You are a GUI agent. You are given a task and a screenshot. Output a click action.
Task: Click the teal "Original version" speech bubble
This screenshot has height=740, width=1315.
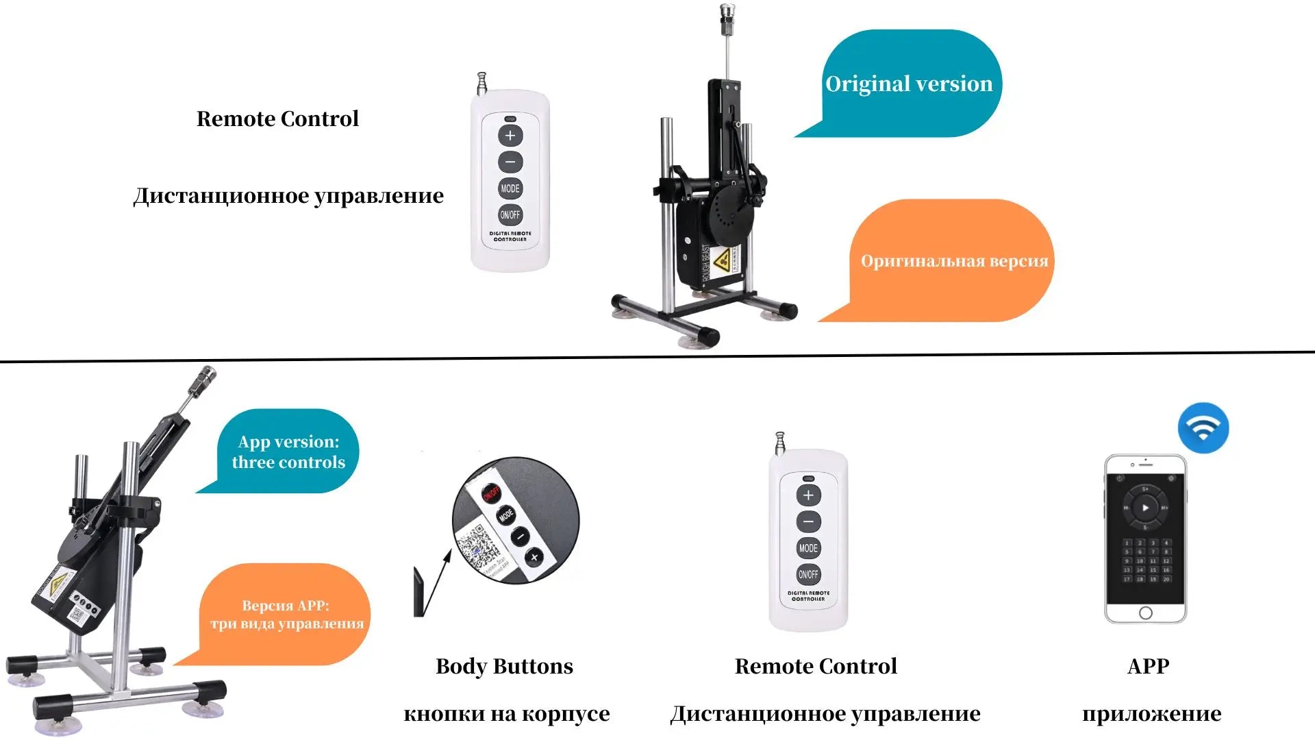coord(910,84)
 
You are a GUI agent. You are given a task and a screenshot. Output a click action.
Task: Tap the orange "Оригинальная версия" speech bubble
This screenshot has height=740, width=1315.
coord(953,260)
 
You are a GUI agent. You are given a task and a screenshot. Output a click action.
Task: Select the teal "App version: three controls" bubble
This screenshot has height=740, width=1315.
coord(288,452)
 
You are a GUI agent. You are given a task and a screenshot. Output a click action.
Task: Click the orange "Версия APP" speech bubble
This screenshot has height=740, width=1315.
coord(286,614)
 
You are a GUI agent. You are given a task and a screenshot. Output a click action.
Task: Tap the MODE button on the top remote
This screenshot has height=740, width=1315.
coord(510,188)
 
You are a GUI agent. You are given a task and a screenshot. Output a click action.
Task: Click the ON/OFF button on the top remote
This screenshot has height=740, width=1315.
coord(510,214)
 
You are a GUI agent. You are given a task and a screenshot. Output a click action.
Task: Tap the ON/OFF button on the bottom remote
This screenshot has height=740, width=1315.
coord(808,574)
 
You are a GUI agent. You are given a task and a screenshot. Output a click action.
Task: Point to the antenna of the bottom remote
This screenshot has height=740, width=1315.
coord(779,443)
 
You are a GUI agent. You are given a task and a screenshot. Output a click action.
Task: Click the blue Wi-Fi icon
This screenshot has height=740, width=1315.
coord(1203,428)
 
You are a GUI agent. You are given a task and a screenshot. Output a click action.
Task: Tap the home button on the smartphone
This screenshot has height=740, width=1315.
coord(1146,613)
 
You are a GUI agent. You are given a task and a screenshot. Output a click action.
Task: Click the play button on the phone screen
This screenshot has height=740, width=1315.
coord(1145,508)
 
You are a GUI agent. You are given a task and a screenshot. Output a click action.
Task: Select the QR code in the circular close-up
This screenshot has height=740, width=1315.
coord(477,545)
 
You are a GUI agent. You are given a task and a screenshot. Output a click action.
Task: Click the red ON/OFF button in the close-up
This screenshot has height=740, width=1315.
coord(491,493)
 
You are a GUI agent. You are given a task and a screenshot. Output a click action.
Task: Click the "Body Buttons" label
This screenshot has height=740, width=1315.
coord(504,666)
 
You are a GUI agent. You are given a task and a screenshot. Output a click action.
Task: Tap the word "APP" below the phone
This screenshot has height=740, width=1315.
coord(1149,666)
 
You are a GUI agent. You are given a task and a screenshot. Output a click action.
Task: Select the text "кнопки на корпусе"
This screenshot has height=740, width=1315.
coord(506,713)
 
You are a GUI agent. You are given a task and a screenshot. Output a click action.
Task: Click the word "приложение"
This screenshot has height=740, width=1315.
coord(1151,713)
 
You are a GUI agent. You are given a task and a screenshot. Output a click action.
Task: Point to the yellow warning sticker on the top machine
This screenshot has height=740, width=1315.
coord(722,260)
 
